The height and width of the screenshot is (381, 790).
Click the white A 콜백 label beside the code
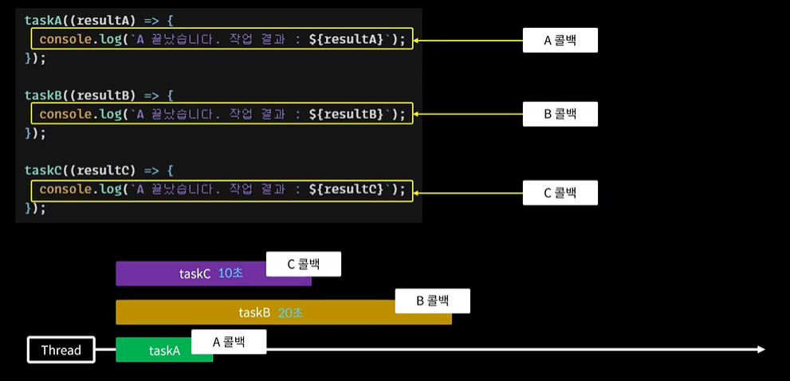point(560,40)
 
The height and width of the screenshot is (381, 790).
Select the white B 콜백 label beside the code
point(560,114)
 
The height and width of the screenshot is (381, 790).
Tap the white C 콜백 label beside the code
point(560,192)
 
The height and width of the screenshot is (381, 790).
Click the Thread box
point(61,350)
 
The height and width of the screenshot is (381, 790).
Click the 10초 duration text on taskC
point(230,273)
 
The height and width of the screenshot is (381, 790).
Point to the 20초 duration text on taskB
point(290,312)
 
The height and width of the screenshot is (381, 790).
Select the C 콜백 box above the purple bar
point(303,265)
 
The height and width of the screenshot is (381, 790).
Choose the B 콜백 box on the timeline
point(432,301)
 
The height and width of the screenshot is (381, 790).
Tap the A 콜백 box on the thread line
point(229,342)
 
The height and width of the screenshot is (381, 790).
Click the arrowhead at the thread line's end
point(761,350)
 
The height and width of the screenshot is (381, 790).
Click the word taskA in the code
point(43,20)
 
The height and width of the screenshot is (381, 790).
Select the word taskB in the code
point(43,95)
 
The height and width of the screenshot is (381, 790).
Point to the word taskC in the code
point(43,171)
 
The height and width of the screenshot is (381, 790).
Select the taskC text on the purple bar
point(195,273)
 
